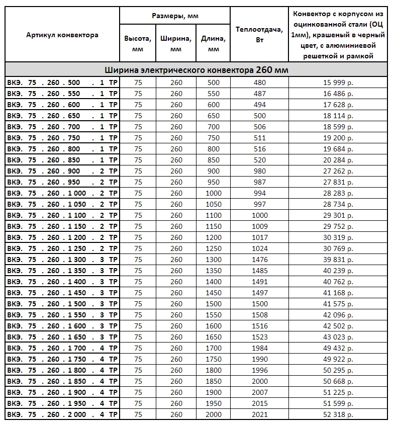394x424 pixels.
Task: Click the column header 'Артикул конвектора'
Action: pyautogui.click(x=62, y=35)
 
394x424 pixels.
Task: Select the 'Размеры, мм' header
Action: pyautogui.click(x=175, y=16)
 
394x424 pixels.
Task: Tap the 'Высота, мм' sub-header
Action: pyautogui.click(x=138, y=44)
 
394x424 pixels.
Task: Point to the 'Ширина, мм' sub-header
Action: pyautogui.click(x=175, y=44)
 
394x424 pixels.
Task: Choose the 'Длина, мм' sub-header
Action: pyautogui.click(x=213, y=44)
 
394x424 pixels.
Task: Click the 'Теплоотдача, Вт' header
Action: pyautogui.click(x=259, y=35)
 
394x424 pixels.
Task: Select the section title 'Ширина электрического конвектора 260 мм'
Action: pyautogui.click(x=196, y=70)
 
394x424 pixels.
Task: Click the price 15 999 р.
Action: pyautogui.click(x=338, y=82)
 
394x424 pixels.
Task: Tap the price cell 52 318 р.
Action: pyautogui.click(x=338, y=414)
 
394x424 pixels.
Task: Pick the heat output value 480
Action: pyautogui.click(x=260, y=82)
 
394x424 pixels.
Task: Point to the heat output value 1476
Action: pyautogui.click(x=260, y=260)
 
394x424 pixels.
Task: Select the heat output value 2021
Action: pyautogui.click(x=260, y=414)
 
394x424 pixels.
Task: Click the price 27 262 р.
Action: pyautogui.click(x=338, y=171)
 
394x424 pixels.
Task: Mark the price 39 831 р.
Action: pyautogui.click(x=338, y=260)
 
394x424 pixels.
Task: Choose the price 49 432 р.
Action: pyautogui.click(x=338, y=348)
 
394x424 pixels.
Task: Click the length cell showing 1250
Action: pyautogui.click(x=213, y=248)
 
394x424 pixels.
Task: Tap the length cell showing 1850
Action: pyautogui.click(x=213, y=381)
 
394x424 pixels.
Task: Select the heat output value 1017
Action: pyautogui.click(x=260, y=237)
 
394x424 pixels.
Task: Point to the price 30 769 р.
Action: pyautogui.click(x=338, y=248)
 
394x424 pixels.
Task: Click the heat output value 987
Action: pyautogui.click(x=260, y=182)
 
